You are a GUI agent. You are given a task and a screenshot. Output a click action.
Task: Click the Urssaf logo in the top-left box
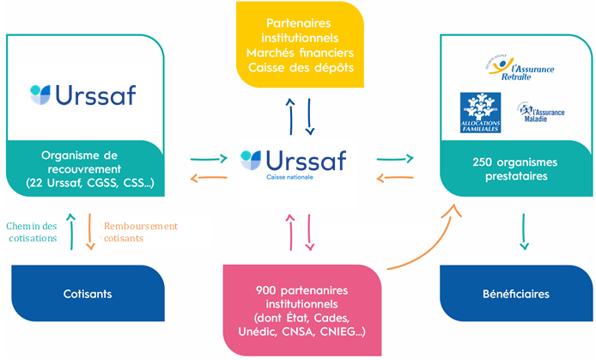click(x=82, y=94)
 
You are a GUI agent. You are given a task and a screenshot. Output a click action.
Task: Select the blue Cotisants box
click(x=87, y=294)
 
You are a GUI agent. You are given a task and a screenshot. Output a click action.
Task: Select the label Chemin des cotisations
click(x=33, y=232)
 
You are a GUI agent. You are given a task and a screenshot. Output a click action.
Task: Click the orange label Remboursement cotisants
click(x=140, y=232)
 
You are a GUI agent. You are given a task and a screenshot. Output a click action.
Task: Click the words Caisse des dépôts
click(x=300, y=68)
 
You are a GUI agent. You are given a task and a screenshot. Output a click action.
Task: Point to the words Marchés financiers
click(x=300, y=53)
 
